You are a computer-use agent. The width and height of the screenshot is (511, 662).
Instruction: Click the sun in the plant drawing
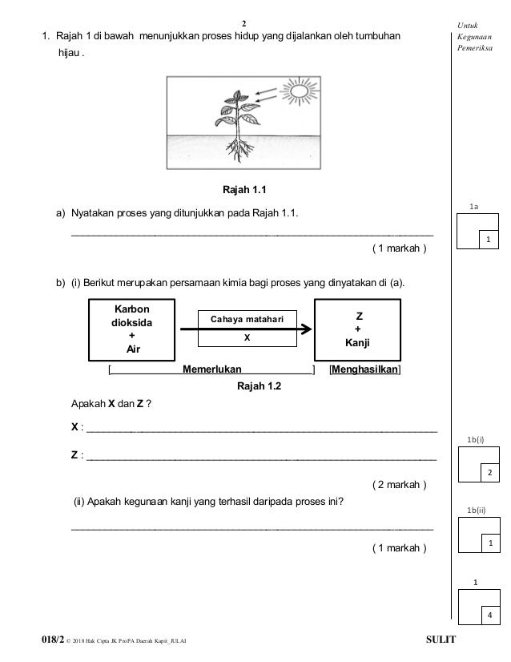[300, 91]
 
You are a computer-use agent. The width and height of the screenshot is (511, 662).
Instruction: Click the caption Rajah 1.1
[244, 190]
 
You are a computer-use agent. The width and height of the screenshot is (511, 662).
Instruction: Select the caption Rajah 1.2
[259, 385]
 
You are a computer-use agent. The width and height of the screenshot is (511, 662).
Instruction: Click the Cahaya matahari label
[247, 319]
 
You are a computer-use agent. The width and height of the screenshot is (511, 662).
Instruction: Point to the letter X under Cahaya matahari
[247, 337]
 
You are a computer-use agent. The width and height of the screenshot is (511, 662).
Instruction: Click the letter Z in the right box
[359, 317]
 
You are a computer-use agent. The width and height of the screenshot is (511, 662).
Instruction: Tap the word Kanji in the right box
[357, 342]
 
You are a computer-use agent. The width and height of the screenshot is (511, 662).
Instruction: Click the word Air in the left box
[133, 349]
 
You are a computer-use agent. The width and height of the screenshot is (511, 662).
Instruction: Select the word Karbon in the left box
[131, 309]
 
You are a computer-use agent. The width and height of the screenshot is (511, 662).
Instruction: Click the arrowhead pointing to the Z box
[306, 329]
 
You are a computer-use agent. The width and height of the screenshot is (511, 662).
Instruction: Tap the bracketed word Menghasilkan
[365, 369]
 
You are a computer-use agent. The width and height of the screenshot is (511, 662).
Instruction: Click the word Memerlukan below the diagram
[211, 369]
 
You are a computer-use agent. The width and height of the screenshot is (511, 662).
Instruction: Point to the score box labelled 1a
[477, 231]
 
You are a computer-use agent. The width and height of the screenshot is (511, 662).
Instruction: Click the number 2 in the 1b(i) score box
[490, 472]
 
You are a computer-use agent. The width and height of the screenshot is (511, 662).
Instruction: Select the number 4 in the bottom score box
[490, 616]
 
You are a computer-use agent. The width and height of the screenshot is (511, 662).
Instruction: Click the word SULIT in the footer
[441, 640]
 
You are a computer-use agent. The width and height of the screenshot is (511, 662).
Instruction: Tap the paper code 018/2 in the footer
[53, 640]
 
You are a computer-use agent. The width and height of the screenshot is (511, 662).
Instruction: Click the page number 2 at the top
[244, 24]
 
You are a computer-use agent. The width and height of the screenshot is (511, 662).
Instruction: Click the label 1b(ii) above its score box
[476, 510]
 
